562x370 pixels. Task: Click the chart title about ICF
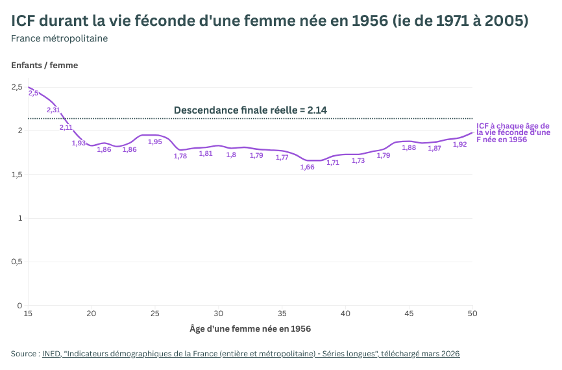point(269,21)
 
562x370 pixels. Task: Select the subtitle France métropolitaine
point(60,38)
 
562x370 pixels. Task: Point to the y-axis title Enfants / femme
point(44,65)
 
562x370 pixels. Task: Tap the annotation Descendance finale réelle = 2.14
point(250,110)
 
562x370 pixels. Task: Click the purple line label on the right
point(513,132)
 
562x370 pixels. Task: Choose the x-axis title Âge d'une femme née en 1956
point(250,328)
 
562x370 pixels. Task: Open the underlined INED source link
point(250,354)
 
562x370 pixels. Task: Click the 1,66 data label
point(308,167)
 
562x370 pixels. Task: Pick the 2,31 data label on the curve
point(53,110)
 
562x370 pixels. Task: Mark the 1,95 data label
point(155,142)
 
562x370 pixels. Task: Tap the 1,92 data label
point(459,145)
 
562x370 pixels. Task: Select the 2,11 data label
point(66,128)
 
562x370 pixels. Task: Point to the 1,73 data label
point(358,161)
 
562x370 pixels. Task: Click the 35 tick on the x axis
point(282,314)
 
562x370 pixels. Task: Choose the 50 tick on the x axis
point(472,314)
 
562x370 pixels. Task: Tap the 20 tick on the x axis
point(92,314)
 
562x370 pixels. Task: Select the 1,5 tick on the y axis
point(17,175)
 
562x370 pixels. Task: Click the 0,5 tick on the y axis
point(17,262)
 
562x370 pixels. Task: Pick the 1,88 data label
point(409,148)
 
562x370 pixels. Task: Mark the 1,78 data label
point(180,156)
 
